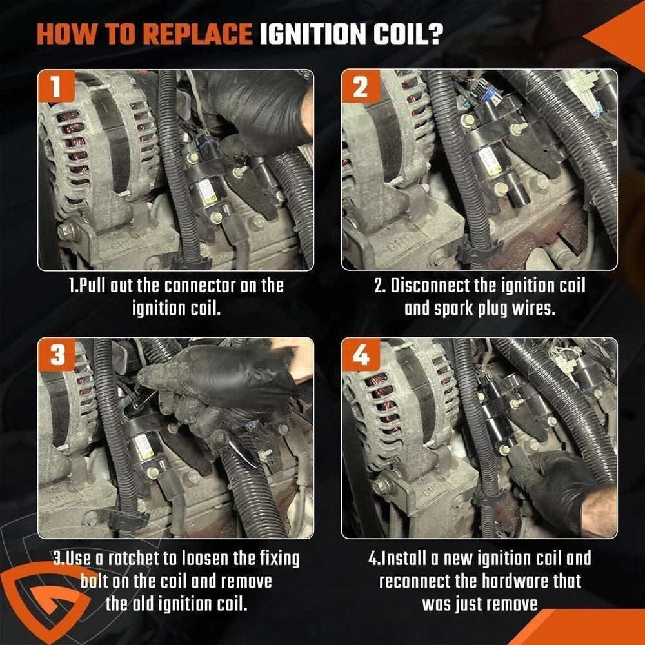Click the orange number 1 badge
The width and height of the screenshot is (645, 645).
coord(56,86)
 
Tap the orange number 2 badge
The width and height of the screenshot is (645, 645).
coord(361,86)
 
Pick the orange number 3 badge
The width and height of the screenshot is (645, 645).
coord(56,354)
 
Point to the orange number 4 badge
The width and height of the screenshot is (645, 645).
coord(361,354)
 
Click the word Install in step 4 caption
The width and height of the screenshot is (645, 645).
coord(404,558)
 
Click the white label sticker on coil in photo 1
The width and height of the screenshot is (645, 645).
coord(207,192)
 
